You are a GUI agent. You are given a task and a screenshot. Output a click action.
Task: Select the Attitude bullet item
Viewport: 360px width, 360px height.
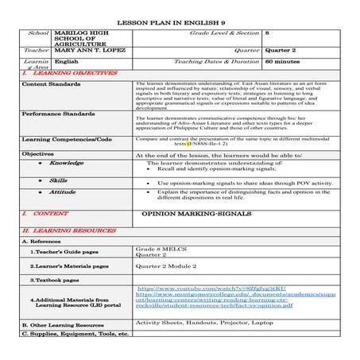pyautogui.click(x=62, y=192)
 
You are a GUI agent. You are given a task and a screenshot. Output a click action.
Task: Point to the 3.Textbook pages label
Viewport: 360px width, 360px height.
pyautogui.click(x=55, y=280)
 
